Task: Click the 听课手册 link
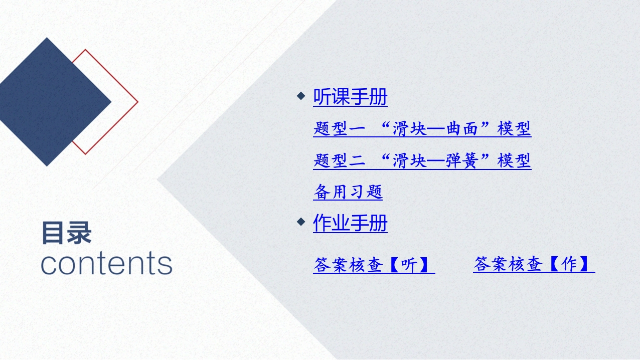[350, 97]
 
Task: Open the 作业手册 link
[350, 223]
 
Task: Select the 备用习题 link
[348, 192]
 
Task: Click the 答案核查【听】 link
[374, 265]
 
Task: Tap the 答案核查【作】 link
[534, 264]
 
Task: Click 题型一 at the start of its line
[340, 128]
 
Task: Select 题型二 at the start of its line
[340, 160]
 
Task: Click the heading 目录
[67, 234]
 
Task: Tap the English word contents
[106, 263]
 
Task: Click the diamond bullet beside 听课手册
[301, 96]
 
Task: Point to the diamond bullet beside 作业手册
[301, 222]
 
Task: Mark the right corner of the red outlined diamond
[138, 102]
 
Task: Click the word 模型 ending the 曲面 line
[514, 128]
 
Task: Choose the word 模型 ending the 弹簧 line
[514, 160]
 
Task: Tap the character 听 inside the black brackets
[409, 265]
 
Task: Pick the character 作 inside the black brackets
[569, 264]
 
